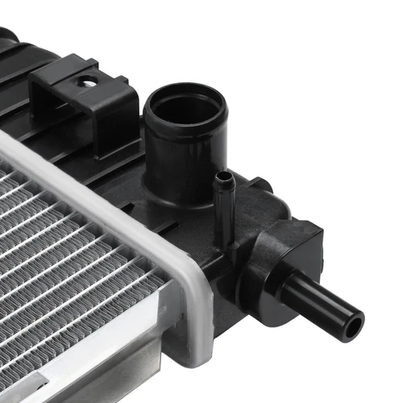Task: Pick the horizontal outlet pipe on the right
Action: pos(322,302)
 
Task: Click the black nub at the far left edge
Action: pos(7,35)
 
